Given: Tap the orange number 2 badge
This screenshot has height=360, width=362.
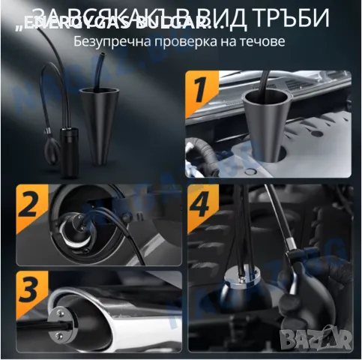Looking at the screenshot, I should click(30, 204).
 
